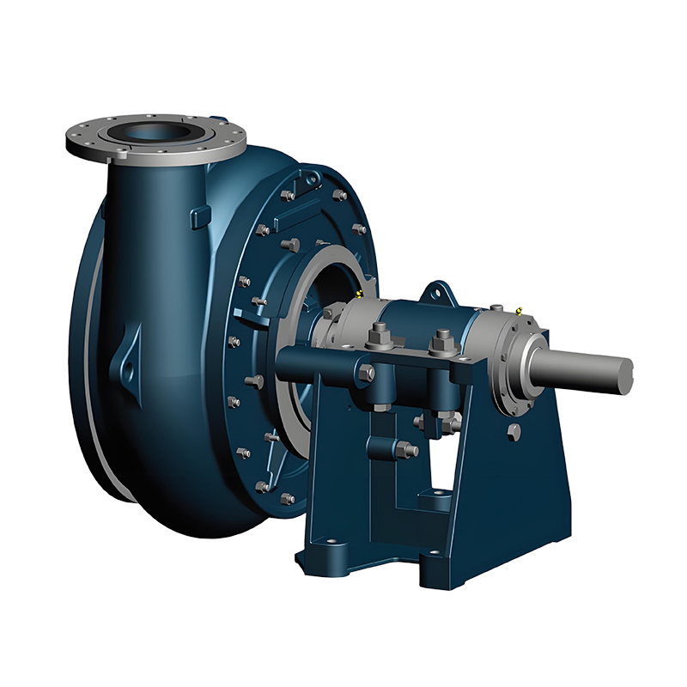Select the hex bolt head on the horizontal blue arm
[366, 373]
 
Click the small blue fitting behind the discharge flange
[214, 123]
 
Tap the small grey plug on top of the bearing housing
[496, 304]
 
